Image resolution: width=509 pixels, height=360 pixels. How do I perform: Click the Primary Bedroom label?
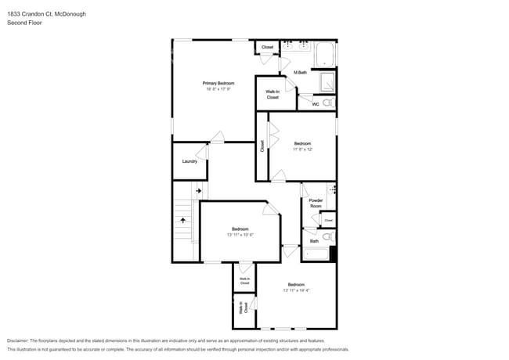pos(218,83)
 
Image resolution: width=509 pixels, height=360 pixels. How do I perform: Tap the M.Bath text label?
pos(300,73)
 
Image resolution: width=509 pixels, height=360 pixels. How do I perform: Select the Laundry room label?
pos(190,161)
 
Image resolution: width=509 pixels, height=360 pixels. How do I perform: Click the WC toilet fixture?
pos(328,103)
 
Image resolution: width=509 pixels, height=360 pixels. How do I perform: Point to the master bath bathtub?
pos(325,55)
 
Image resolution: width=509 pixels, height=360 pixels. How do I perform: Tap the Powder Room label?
pos(316,203)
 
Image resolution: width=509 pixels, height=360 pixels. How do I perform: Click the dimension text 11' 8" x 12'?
pos(303,149)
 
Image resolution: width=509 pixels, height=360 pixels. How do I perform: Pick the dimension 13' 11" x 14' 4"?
pos(296,290)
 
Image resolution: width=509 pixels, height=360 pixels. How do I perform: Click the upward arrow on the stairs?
pos(185,221)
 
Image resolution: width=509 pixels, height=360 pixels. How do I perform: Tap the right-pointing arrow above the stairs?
pos(198,189)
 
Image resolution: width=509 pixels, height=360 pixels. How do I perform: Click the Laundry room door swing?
pos(203,152)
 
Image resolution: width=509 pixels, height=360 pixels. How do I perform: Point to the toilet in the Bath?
pos(328,235)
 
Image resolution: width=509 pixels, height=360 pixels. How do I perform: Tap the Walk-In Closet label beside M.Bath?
pos(273,95)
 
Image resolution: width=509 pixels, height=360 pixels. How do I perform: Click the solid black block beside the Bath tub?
pos(333,254)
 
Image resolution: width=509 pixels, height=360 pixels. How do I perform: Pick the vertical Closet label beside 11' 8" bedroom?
pos(262,146)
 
